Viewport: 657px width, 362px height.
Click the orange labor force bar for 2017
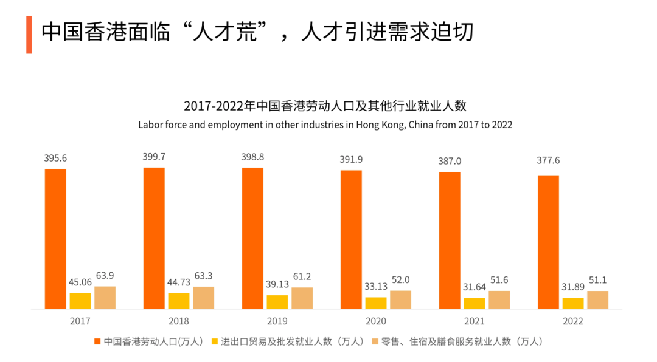(x=55, y=239)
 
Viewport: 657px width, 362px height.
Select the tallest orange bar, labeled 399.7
(x=154, y=238)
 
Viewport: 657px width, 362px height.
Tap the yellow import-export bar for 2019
(x=277, y=302)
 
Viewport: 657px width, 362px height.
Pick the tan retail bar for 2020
(x=400, y=299)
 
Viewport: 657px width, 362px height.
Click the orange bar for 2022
(x=548, y=242)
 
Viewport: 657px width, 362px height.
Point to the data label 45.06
(x=80, y=282)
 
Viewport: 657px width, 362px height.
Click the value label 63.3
(x=204, y=276)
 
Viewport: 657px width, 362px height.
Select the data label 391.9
(x=351, y=159)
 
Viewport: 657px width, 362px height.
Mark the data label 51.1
(x=597, y=280)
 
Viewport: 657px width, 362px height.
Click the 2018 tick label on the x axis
(x=179, y=321)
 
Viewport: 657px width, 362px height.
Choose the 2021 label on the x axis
(x=474, y=321)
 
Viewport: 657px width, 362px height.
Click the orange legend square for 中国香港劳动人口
(x=97, y=341)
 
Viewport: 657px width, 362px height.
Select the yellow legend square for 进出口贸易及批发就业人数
(x=215, y=341)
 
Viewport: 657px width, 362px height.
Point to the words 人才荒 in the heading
(x=223, y=32)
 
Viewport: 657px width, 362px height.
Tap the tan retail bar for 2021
(x=499, y=299)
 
